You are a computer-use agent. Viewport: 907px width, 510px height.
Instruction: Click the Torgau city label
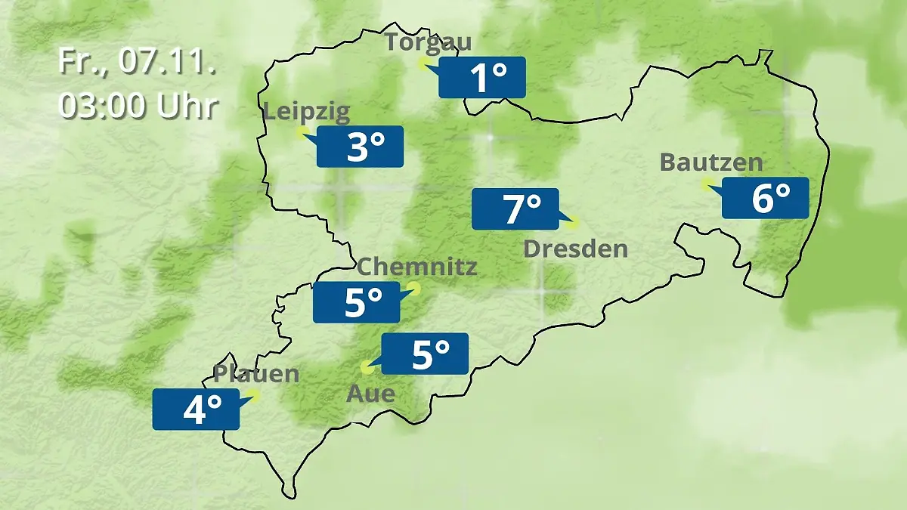(428, 42)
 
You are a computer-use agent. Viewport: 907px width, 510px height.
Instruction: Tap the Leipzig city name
(307, 113)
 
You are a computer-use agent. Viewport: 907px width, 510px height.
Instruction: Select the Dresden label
(575, 249)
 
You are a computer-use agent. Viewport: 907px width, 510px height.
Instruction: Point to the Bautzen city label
(711, 162)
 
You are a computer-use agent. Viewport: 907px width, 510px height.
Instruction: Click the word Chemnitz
(416, 266)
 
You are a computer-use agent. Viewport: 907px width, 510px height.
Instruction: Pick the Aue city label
(370, 393)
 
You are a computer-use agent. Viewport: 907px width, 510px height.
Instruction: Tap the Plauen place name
(256, 373)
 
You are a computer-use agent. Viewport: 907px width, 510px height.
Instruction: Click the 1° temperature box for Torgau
(482, 77)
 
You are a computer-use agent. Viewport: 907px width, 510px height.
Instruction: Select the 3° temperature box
(360, 147)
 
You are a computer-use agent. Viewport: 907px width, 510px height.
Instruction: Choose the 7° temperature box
(515, 209)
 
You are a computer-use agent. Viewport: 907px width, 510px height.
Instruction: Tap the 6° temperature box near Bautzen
(765, 198)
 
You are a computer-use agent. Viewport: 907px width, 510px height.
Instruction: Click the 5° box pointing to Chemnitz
(357, 302)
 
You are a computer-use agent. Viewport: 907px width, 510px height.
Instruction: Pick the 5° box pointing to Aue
(425, 354)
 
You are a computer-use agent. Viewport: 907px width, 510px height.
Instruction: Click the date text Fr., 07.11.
(137, 62)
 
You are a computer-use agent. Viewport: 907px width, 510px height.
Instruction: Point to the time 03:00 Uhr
(138, 106)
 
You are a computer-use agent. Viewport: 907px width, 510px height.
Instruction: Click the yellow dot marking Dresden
(573, 222)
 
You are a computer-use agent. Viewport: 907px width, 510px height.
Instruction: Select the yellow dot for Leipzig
(302, 133)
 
